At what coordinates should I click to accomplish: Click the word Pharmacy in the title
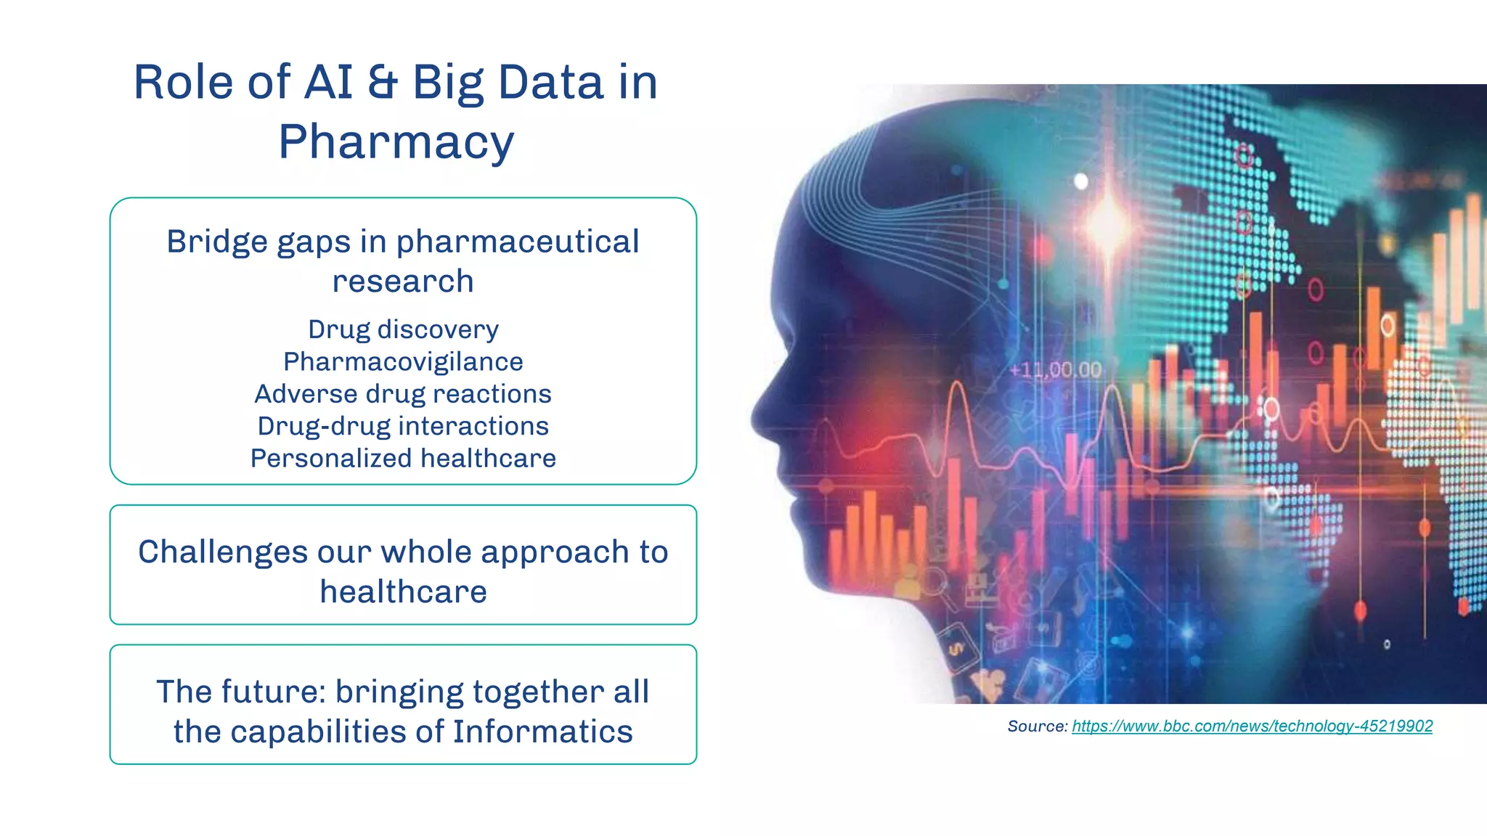(x=396, y=142)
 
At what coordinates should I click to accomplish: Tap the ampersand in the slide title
(x=382, y=82)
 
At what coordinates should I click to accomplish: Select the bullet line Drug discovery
(x=403, y=329)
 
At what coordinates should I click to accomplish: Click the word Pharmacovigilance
(x=403, y=361)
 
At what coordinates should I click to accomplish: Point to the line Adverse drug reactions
(x=403, y=394)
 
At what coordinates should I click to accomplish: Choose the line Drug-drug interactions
(x=403, y=426)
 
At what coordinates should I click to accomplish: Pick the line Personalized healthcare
(x=403, y=459)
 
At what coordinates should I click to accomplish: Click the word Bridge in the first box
(x=217, y=242)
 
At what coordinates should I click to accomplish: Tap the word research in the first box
(x=403, y=282)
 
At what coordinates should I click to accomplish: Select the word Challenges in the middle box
(x=222, y=552)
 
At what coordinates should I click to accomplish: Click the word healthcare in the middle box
(x=403, y=592)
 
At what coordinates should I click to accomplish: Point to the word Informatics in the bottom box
(x=542, y=731)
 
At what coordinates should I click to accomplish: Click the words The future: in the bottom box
(x=240, y=692)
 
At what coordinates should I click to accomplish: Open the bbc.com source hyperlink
(x=1252, y=726)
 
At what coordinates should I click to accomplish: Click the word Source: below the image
(x=1037, y=726)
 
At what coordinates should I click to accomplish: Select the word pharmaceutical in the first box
(x=517, y=242)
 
